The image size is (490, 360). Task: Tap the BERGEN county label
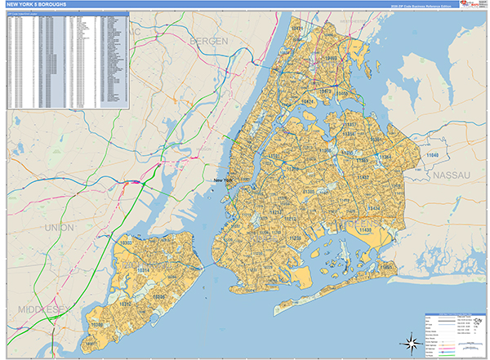[x=211, y=41]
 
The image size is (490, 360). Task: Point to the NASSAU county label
[x=451, y=175]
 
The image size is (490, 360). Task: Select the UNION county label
[x=60, y=227]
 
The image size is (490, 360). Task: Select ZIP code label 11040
[x=432, y=155]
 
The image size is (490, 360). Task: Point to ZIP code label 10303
[x=127, y=243]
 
